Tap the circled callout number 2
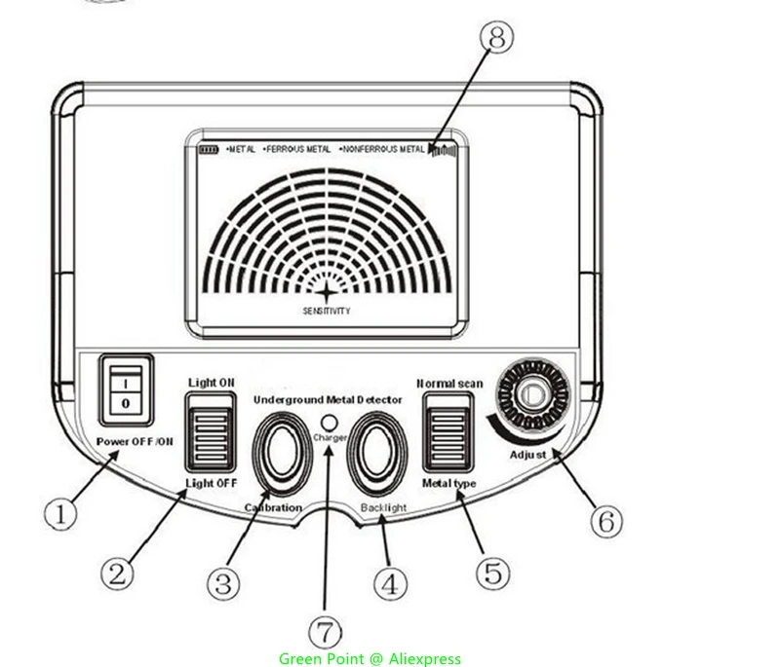coord(117,573)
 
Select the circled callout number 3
coord(222,581)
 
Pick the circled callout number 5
coord(493,571)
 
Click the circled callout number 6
coord(604,520)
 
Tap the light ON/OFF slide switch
coord(212,432)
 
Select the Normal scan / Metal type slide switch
coord(448,434)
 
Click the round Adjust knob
coord(531,397)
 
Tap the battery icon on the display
coord(209,150)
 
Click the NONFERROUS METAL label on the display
coord(382,150)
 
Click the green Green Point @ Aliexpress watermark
coord(370,658)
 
